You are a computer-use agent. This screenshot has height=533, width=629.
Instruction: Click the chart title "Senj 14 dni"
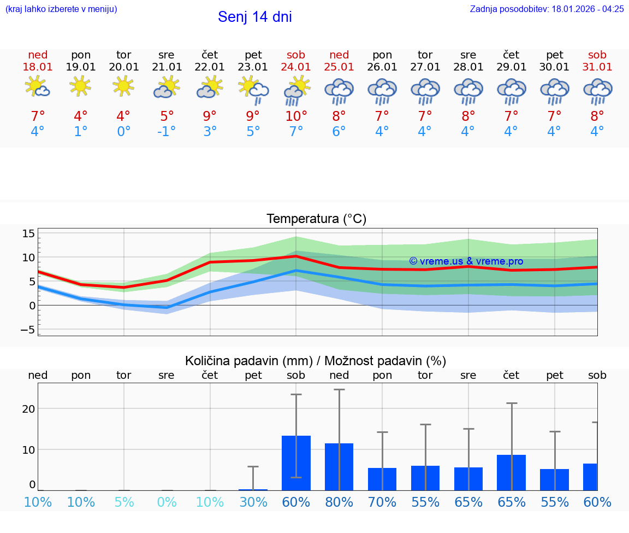pos(255,17)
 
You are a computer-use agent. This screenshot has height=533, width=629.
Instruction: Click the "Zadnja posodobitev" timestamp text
pos(547,9)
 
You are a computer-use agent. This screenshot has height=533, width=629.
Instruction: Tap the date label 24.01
pos(296,67)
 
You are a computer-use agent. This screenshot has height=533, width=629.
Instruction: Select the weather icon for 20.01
pos(123,86)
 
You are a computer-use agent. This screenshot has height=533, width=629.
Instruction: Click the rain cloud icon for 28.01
pos(468,91)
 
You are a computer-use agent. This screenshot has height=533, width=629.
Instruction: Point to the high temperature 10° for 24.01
pos(296,116)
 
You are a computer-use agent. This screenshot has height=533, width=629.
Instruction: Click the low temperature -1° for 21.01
pos(167,132)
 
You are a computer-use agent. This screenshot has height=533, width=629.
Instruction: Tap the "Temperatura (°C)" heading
pos(316,219)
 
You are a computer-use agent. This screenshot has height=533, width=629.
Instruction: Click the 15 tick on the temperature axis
pos(28,234)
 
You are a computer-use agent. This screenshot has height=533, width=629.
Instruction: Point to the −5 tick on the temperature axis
pos(27,330)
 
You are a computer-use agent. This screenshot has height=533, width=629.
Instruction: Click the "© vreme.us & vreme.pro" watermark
pos(466,261)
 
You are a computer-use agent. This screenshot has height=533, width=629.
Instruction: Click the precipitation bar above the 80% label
pos(339,466)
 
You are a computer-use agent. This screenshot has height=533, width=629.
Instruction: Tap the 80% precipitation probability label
pos(339,502)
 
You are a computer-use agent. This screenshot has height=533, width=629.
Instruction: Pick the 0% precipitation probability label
pos(167,502)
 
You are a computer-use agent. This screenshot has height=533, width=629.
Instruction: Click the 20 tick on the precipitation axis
pos(28,409)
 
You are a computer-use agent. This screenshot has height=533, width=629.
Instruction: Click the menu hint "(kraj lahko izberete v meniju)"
pos(61,9)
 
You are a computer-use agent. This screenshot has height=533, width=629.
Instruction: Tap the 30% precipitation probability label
pos(253,502)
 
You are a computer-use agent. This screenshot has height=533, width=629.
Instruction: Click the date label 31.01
pos(597,67)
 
